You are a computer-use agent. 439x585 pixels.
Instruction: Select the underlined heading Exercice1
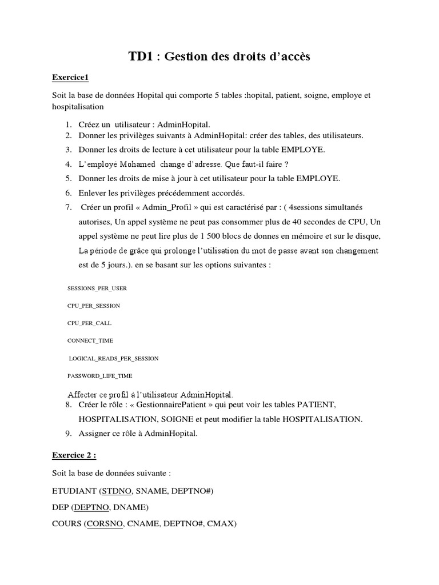coord(70,77)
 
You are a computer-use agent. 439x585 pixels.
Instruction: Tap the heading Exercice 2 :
coord(74,455)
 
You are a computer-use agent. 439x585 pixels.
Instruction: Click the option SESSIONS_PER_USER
coord(97,289)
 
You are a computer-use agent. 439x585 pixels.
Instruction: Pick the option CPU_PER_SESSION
coord(94,306)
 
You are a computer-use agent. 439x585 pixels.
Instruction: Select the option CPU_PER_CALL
coord(89,323)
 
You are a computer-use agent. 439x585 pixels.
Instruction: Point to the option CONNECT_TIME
coord(90,340)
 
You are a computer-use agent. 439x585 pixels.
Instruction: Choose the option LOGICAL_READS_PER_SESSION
coord(114,358)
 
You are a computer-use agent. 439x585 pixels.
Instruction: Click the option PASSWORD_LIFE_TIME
coord(100,375)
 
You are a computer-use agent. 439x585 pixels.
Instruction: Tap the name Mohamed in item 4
coord(138,165)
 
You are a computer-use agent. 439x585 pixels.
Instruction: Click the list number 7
coord(67,206)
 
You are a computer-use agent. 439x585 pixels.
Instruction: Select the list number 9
coord(67,433)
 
